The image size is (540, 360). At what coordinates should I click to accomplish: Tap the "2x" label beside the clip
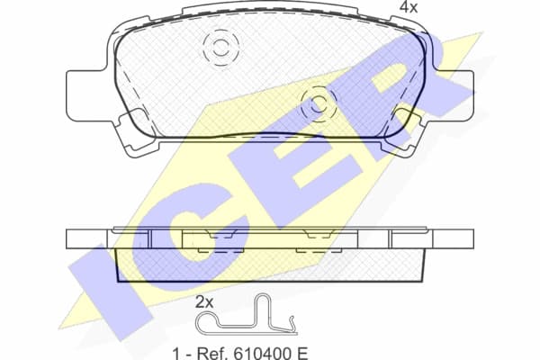204,302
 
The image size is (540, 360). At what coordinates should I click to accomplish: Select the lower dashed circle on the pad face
317,104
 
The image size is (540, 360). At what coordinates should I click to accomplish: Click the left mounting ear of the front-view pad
86,96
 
